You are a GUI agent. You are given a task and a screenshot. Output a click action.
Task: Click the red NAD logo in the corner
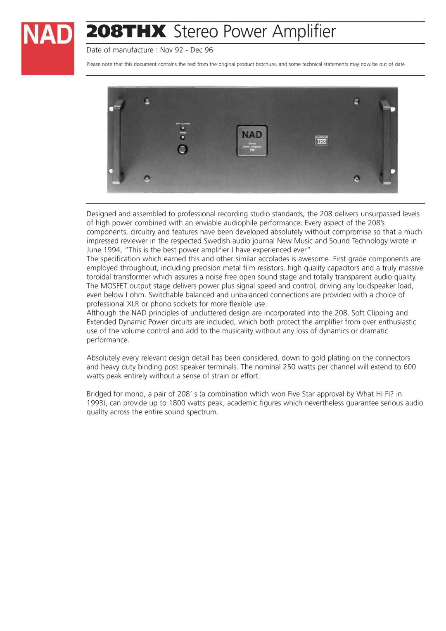click(47, 48)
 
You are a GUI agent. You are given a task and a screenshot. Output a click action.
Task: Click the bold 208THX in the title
click(126, 32)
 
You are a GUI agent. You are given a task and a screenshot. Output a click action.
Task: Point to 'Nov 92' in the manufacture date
click(171, 50)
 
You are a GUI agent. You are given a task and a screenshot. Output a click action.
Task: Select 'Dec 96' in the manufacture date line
click(202, 50)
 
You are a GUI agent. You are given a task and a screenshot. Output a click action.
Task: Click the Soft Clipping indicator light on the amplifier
click(183, 128)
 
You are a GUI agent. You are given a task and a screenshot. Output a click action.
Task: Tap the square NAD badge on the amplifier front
click(252, 141)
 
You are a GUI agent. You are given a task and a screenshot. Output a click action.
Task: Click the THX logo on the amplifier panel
click(321, 141)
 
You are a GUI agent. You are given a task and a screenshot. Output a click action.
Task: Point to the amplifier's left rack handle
click(116, 141)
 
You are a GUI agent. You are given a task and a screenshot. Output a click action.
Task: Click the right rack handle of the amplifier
click(387, 141)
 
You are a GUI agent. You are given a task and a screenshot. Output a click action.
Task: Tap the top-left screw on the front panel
click(147, 101)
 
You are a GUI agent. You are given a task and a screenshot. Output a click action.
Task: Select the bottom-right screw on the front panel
click(357, 179)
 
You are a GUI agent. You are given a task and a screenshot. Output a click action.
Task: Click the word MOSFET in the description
click(114, 286)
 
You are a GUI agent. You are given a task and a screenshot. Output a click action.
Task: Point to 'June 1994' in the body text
click(104, 250)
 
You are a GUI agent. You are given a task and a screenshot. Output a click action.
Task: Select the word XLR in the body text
click(133, 304)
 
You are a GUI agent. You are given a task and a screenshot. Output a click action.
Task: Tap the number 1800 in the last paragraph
click(177, 403)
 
